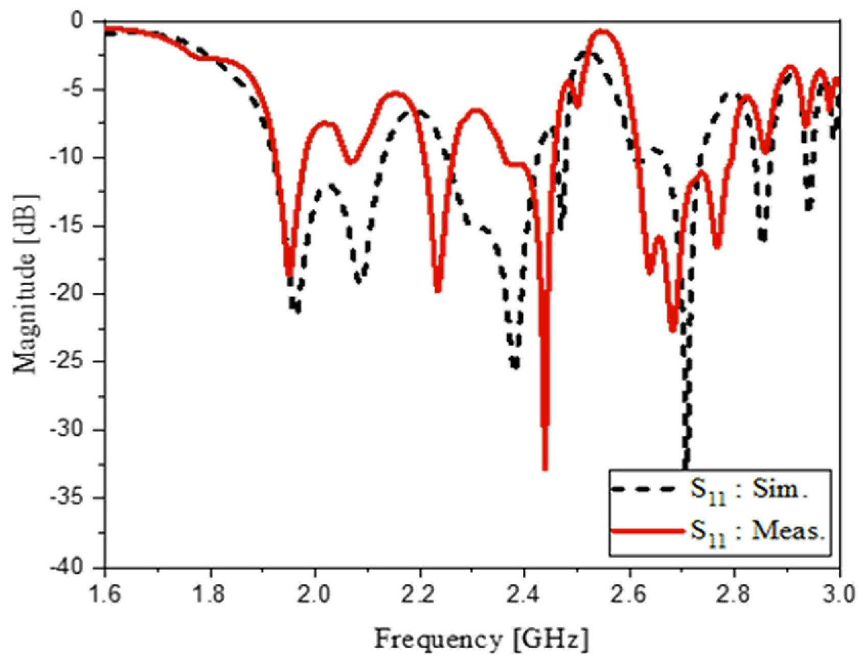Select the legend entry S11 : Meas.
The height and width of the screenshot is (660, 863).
pyautogui.click(x=758, y=533)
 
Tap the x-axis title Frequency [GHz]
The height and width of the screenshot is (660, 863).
pyautogui.click(x=481, y=639)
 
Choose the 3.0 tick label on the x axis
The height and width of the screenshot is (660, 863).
pyautogui.click(x=839, y=596)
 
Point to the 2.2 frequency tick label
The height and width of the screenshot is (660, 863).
pyautogui.click(x=420, y=596)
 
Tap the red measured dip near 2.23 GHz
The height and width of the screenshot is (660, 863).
pyautogui.click(x=438, y=290)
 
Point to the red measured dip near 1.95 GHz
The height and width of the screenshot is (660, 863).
pyautogui.click(x=290, y=274)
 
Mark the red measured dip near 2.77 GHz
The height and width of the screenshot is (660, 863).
pyautogui.click(x=717, y=246)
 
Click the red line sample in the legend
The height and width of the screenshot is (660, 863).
pyautogui.click(x=647, y=532)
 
